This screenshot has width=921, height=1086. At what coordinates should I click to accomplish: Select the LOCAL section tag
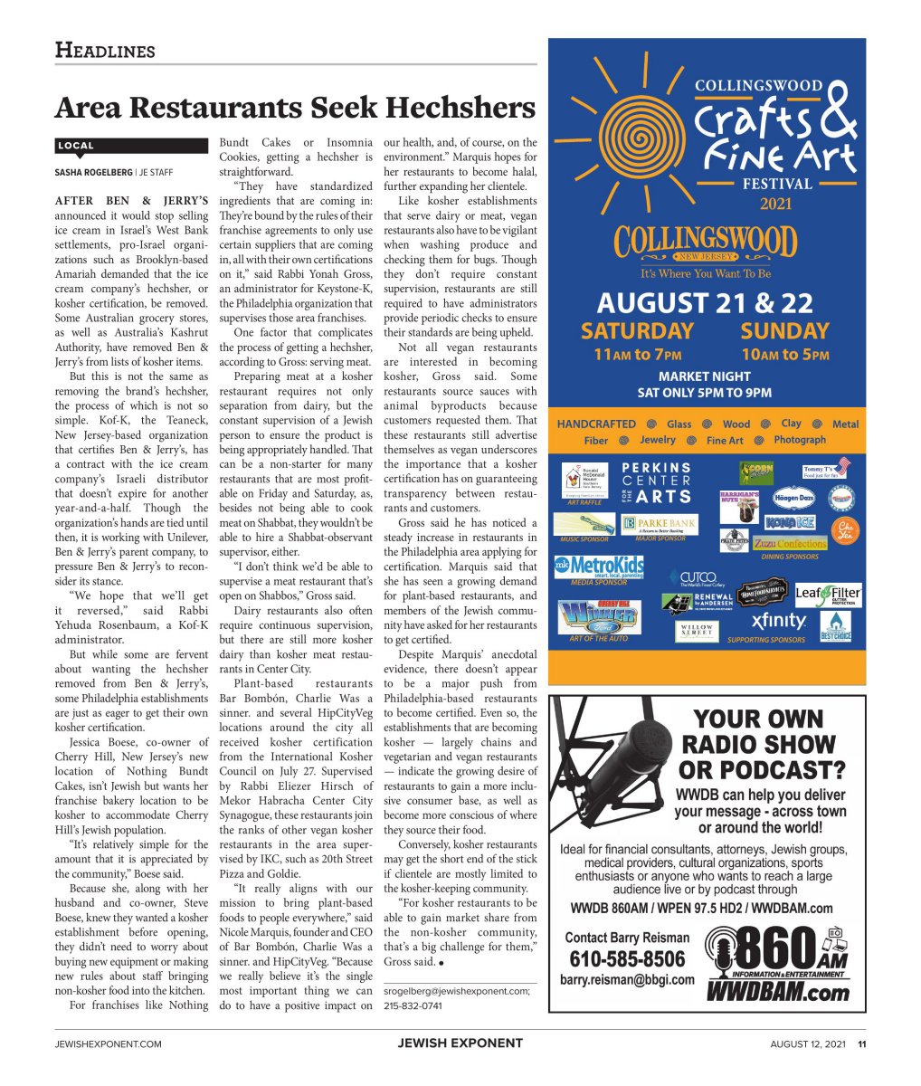click(x=75, y=146)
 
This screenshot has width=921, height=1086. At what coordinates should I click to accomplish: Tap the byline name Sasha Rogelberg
click(x=92, y=172)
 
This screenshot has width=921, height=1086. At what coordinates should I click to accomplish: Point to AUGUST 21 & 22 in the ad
click(x=705, y=302)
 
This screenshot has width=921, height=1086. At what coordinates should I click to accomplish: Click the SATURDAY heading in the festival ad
click(x=637, y=331)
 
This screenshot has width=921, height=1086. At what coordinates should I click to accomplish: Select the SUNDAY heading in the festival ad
click(x=784, y=331)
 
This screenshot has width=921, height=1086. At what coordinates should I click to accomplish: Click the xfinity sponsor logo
click(x=778, y=621)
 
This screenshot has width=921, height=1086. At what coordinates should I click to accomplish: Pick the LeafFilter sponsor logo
click(x=828, y=594)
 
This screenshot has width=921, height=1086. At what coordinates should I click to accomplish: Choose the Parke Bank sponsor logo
click(x=659, y=525)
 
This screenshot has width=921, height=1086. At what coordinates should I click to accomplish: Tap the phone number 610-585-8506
click(x=627, y=959)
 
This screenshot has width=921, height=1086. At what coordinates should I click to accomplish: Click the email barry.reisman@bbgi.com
click(x=627, y=979)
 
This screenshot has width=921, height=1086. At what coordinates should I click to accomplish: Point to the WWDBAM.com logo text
click(x=777, y=992)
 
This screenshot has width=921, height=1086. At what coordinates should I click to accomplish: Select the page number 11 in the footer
click(x=862, y=1043)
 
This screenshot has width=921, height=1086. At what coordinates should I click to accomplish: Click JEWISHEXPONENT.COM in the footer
click(x=109, y=1043)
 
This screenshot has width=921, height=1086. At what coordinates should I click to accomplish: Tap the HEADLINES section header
click(x=105, y=50)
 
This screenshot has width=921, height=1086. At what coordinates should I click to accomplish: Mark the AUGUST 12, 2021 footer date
click(x=808, y=1043)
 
